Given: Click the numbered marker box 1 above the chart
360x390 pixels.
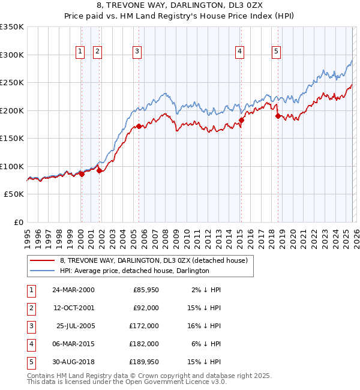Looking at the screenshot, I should tap(80, 52).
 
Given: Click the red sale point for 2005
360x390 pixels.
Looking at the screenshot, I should tap(139, 126).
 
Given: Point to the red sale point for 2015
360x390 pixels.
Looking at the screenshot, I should tap(241, 121).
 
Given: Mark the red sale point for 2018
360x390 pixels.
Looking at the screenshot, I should tap(278, 116).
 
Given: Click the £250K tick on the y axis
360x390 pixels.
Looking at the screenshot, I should tap(12, 82).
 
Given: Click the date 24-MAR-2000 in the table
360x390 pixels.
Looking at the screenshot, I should tap(73, 290).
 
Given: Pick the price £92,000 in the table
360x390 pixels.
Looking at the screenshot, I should tap(146, 308).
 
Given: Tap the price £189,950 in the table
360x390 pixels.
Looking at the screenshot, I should tap(144, 362).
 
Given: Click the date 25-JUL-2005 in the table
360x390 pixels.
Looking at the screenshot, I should tap(75, 326).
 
